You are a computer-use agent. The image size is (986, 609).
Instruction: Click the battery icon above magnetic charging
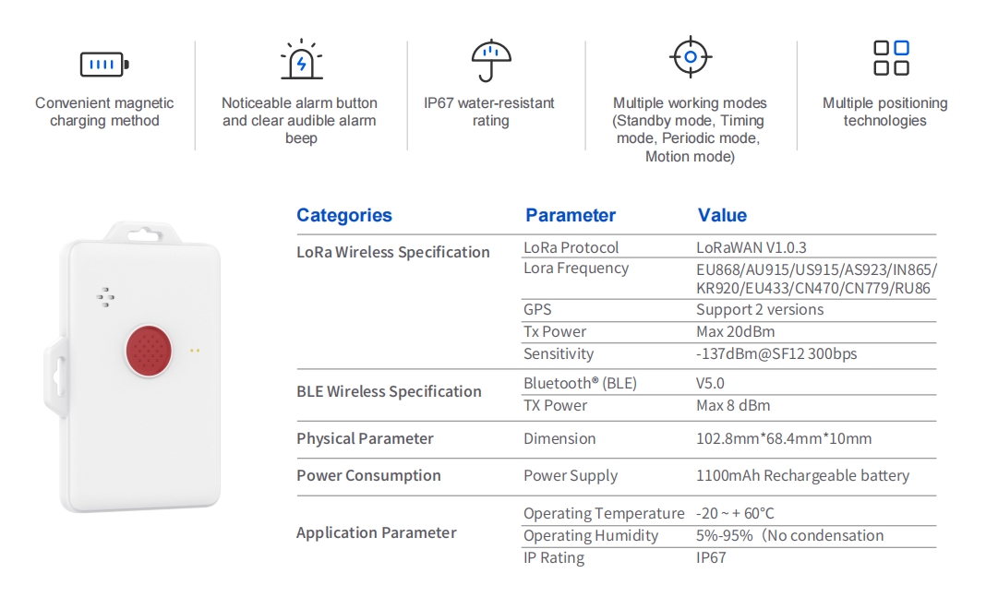click(x=104, y=64)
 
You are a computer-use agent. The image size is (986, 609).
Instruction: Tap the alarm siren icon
click(x=301, y=59)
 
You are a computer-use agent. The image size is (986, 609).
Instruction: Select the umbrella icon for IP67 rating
click(x=491, y=60)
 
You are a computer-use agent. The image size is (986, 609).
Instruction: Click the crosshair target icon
click(x=691, y=56)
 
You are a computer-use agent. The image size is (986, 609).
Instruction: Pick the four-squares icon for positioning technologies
click(x=891, y=58)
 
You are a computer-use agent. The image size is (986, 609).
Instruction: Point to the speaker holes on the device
click(x=105, y=296)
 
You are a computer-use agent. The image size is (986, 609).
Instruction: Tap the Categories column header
click(x=344, y=215)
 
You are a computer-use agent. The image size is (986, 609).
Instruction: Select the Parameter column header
click(x=571, y=215)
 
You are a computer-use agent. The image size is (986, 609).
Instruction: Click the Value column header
click(x=722, y=215)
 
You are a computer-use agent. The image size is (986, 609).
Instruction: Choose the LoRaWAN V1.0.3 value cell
click(x=751, y=247)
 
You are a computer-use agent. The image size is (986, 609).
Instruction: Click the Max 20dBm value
click(x=735, y=332)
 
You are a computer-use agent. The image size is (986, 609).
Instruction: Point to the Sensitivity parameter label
click(x=559, y=353)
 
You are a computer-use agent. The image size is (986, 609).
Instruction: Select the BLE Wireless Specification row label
click(x=389, y=391)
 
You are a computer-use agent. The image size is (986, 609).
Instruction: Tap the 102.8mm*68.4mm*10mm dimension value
click(x=784, y=438)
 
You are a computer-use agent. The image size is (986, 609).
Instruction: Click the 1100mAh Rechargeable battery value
click(x=802, y=476)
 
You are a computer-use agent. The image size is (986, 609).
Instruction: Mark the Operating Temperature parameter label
click(x=604, y=513)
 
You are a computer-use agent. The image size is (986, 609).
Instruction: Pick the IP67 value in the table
click(x=711, y=557)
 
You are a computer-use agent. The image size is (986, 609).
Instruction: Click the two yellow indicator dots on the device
click(x=195, y=351)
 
